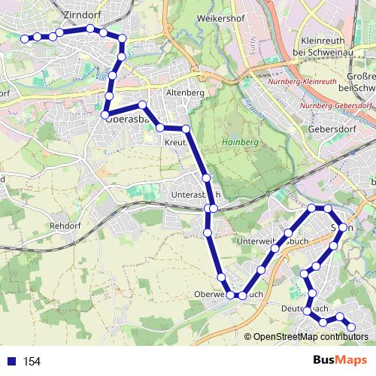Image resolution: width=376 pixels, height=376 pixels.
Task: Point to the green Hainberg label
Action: [239, 142]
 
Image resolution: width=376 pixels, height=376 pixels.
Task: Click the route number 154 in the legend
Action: [32, 361]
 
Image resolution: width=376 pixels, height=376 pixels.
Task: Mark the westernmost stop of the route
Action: [25, 38]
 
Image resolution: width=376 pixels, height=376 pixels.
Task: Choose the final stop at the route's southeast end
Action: [351, 326]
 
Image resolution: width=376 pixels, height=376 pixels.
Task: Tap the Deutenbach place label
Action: [307, 308]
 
